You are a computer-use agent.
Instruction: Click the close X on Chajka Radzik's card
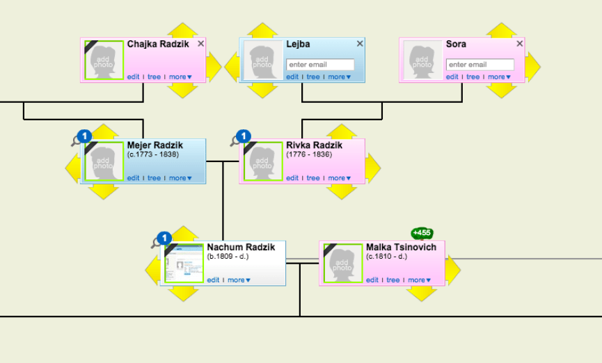point(201,44)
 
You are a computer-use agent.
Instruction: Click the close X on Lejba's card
point(360,44)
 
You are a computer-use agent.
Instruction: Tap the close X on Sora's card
point(520,44)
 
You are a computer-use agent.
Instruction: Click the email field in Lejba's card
point(320,65)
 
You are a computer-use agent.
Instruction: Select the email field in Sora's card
point(480,65)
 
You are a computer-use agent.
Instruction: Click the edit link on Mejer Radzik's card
point(133,178)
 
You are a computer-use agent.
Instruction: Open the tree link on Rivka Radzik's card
point(313,178)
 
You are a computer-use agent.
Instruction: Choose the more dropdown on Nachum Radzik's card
point(239,280)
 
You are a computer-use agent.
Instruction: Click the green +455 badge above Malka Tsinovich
point(422,233)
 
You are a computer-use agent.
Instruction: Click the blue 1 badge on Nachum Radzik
point(164,238)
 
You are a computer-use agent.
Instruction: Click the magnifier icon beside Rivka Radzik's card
point(235,141)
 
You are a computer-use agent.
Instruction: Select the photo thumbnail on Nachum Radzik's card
point(184,263)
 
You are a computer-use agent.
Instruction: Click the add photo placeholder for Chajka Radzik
point(104,60)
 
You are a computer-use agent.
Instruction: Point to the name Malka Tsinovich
point(401,248)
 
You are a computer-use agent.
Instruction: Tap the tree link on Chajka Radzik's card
point(154,77)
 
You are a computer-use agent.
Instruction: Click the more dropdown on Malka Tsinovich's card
point(418,280)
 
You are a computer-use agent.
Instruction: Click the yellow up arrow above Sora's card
point(500,29)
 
